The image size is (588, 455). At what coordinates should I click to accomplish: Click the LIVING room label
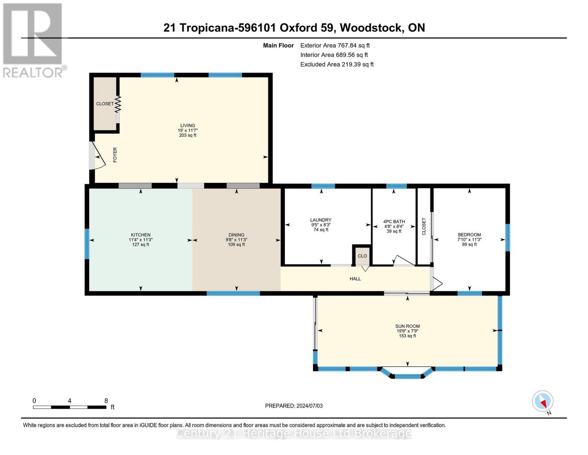click(187, 126)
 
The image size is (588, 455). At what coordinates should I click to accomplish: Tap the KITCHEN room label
click(140, 235)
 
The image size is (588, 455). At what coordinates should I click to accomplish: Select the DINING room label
click(236, 235)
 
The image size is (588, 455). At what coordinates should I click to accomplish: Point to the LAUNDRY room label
click(321, 220)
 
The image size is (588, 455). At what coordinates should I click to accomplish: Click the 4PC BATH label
click(394, 222)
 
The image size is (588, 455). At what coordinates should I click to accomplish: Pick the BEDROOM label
click(469, 235)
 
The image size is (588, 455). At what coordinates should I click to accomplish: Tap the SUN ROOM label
click(407, 326)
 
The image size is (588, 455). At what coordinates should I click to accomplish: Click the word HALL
click(355, 279)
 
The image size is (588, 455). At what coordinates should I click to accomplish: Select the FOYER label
click(115, 155)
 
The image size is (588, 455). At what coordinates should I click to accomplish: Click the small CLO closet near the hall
click(362, 256)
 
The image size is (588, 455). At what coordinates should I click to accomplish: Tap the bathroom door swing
click(404, 260)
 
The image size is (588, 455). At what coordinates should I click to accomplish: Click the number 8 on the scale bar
click(106, 401)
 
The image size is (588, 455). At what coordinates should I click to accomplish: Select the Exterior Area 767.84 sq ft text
click(335, 45)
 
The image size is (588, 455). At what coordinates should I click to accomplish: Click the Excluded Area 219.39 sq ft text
click(337, 64)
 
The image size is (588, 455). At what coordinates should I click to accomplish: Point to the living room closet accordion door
click(118, 104)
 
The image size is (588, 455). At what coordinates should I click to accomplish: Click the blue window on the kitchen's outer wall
click(87, 244)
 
